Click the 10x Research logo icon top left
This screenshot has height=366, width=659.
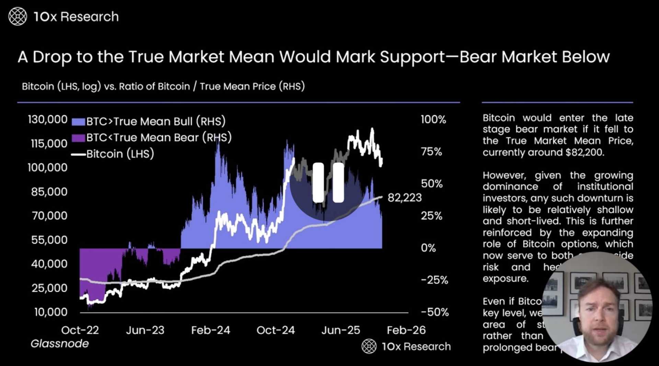[18, 16]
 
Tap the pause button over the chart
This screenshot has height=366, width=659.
[328, 182]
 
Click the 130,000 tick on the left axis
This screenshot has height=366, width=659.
[48, 119]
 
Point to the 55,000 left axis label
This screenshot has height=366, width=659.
[49, 240]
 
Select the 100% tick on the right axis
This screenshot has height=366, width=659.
[433, 119]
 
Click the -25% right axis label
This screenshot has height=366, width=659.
[435, 280]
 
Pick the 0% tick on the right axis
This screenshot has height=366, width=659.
[428, 248]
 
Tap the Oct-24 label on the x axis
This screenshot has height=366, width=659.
[276, 330]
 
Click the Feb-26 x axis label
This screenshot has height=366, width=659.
[406, 330]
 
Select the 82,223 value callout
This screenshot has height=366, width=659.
[404, 198]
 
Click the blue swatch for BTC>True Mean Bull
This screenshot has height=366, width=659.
[78, 122]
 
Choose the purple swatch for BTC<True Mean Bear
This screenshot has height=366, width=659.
[78, 138]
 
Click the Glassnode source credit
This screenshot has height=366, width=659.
[60, 343]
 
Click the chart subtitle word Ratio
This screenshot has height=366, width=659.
[131, 86]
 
